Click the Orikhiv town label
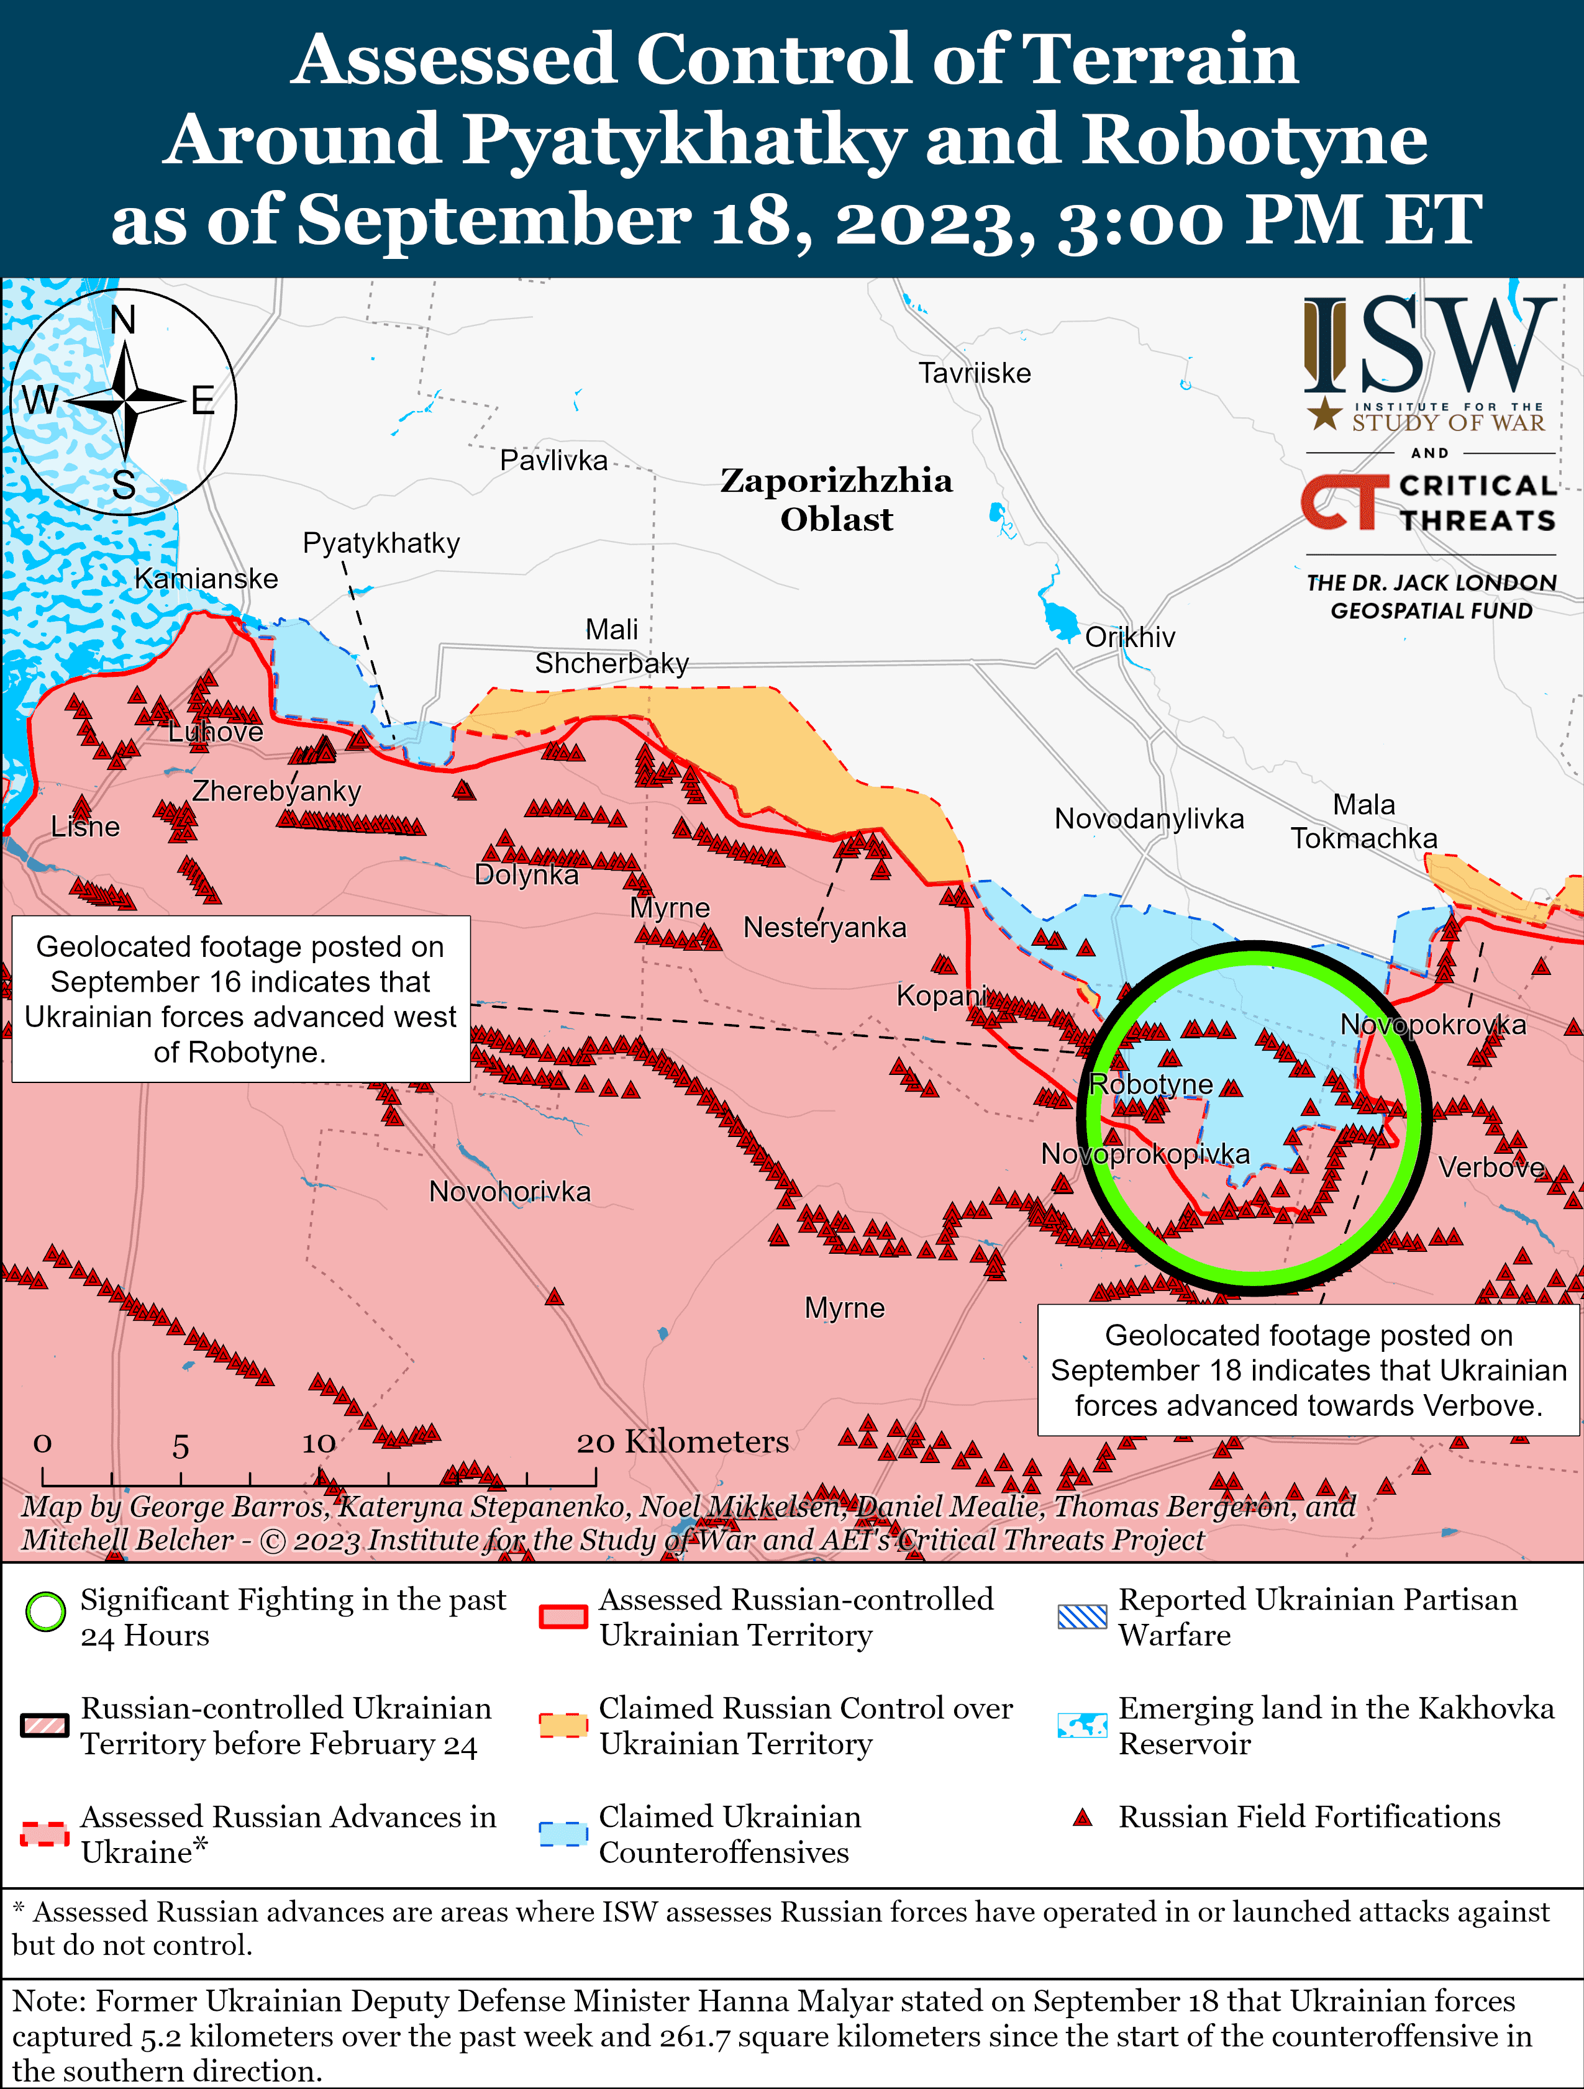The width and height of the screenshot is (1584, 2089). tap(1130, 638)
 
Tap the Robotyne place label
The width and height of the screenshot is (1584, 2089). tap(1150, 1084)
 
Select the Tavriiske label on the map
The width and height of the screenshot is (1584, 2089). tap(975, 373)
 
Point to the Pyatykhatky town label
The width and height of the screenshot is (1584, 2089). tap(381, 543)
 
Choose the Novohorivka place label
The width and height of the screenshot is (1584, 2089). tap(510, 1192)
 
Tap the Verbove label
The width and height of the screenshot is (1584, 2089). tap(1490, 1168)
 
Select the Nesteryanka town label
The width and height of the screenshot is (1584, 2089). tap(824, 927)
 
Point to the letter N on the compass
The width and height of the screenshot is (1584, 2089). tap(123, 321)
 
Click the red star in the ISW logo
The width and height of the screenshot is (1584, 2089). tap(1324, 413)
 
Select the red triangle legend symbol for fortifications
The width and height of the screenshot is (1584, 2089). tap(1083, 1817)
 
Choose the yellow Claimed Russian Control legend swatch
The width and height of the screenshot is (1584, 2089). tap(563, 1725)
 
